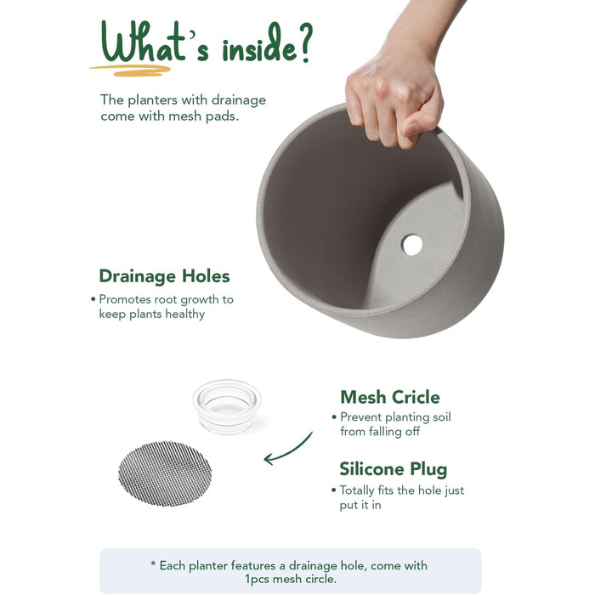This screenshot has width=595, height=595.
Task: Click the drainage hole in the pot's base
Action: [x=412, y=245]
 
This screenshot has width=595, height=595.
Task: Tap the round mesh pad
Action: [x=165, y=473]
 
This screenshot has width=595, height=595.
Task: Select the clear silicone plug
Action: [x=227, y=406]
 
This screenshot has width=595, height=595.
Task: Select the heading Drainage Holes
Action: [x=164, y=276]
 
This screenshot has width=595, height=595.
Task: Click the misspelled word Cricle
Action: [x=416, y=397]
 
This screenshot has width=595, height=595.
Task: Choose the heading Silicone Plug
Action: [x=393, y=469]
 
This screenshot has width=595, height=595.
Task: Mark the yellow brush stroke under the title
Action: [x=130, y=71]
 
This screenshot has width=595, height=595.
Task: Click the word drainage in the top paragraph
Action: [x=238, y=100]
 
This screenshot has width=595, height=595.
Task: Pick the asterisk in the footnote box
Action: [x=153, y=564]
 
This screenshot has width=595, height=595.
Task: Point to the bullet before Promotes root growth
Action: [x=93, y=299]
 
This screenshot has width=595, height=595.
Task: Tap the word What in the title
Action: [x=143, y=42]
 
